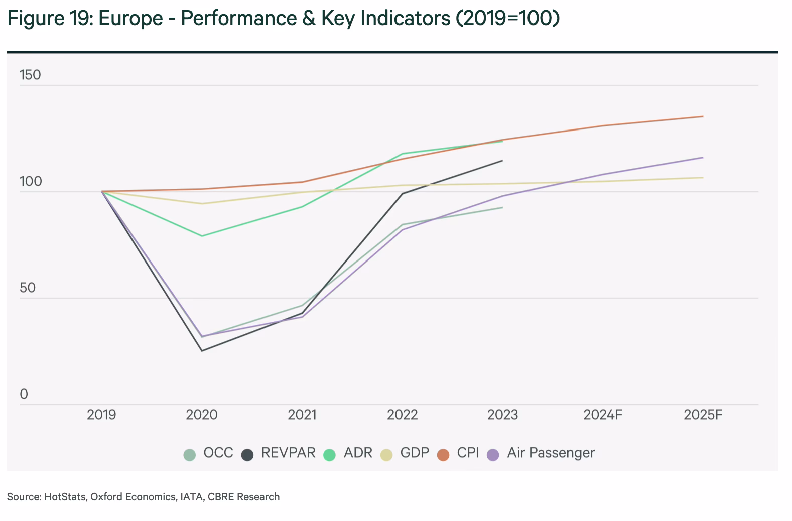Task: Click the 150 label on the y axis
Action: point(30,75)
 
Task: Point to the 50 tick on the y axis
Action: point(28,288)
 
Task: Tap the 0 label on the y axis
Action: point(24,395)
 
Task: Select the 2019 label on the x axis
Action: point(101,415)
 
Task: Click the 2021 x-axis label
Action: point(302,415)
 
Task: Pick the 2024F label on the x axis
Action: point(603,415)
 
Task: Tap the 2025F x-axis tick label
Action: point(703,415)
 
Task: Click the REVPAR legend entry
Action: point(288,453)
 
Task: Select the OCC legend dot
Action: point(189,455)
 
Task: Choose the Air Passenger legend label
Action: point(551,453)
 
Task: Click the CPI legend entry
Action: point(468,453)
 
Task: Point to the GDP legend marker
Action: point(386,455)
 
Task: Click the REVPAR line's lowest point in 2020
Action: point(202,351)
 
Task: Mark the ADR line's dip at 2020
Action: point(202,236)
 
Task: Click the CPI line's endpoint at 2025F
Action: point(703,116)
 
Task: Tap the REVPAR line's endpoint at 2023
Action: point(502,161)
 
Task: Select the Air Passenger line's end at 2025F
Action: point(703,158)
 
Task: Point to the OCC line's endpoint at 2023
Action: point(502,207)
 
